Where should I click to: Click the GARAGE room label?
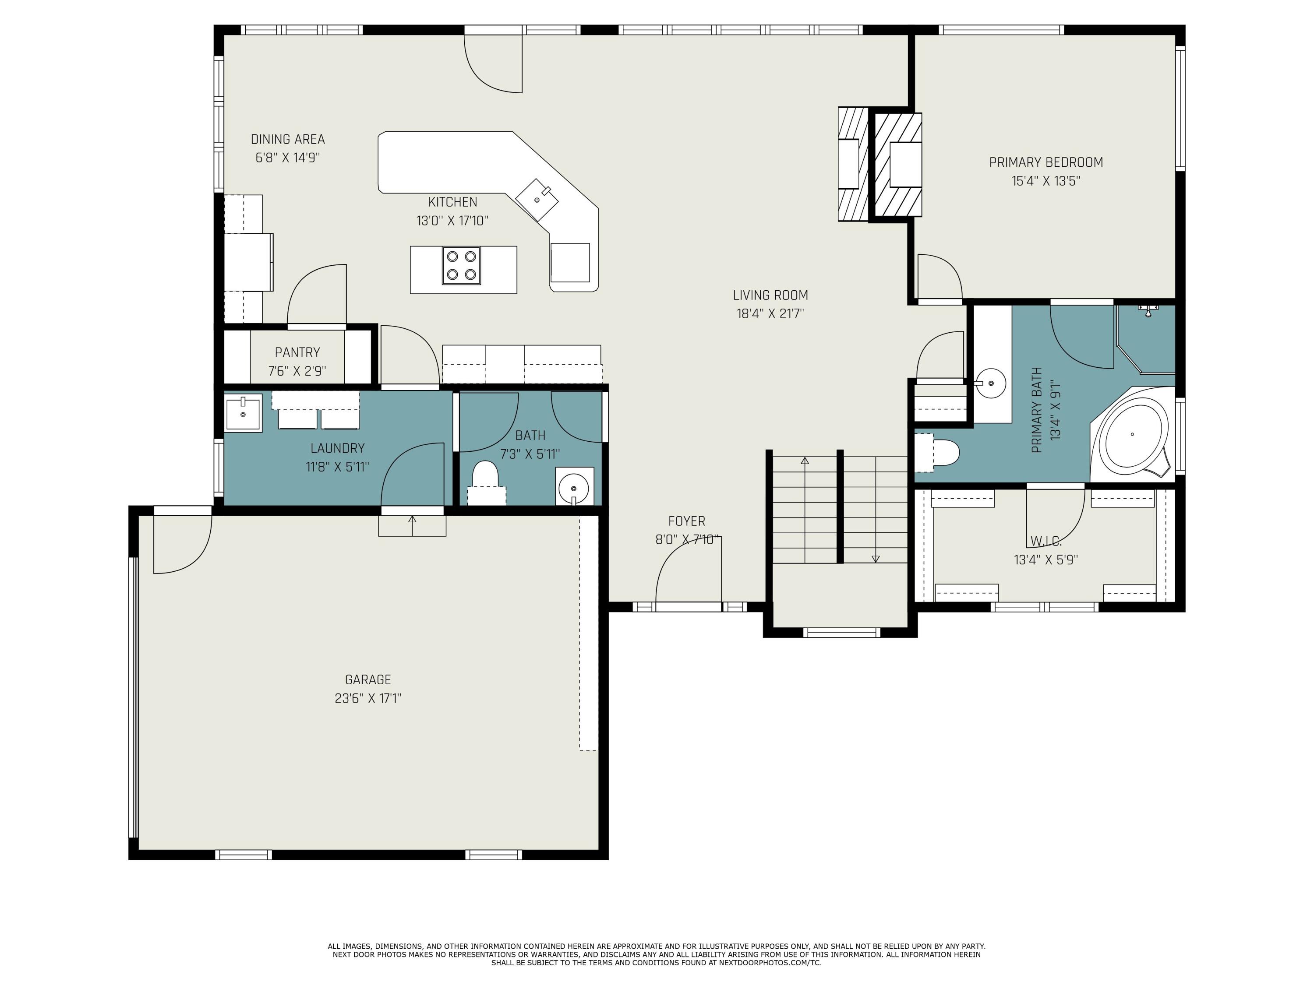pyautogui.click(x=368, y=679)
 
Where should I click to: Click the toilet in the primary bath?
pyautogui.click(x=937, y=452)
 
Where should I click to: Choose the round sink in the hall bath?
pyautogui.click(x=574, y=487)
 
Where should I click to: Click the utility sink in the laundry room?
pyautogui.click(x=244, y=413)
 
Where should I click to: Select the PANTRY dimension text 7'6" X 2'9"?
pyautogui.click(x=297, y=372)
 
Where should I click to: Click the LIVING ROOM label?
pyautogui.click(x=770, y=295)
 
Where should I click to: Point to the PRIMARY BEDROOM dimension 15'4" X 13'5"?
pyautogui.click(x=1046, y=180)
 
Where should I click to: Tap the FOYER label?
pyautogui.click(x=687, y=521)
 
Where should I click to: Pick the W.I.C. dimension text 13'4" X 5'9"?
pyautogui.click(x=1046, y=559)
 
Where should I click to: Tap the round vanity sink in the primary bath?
pyautogui.click(x=990, y=383)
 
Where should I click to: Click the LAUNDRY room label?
pyautogui.click(x=337, y=448)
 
